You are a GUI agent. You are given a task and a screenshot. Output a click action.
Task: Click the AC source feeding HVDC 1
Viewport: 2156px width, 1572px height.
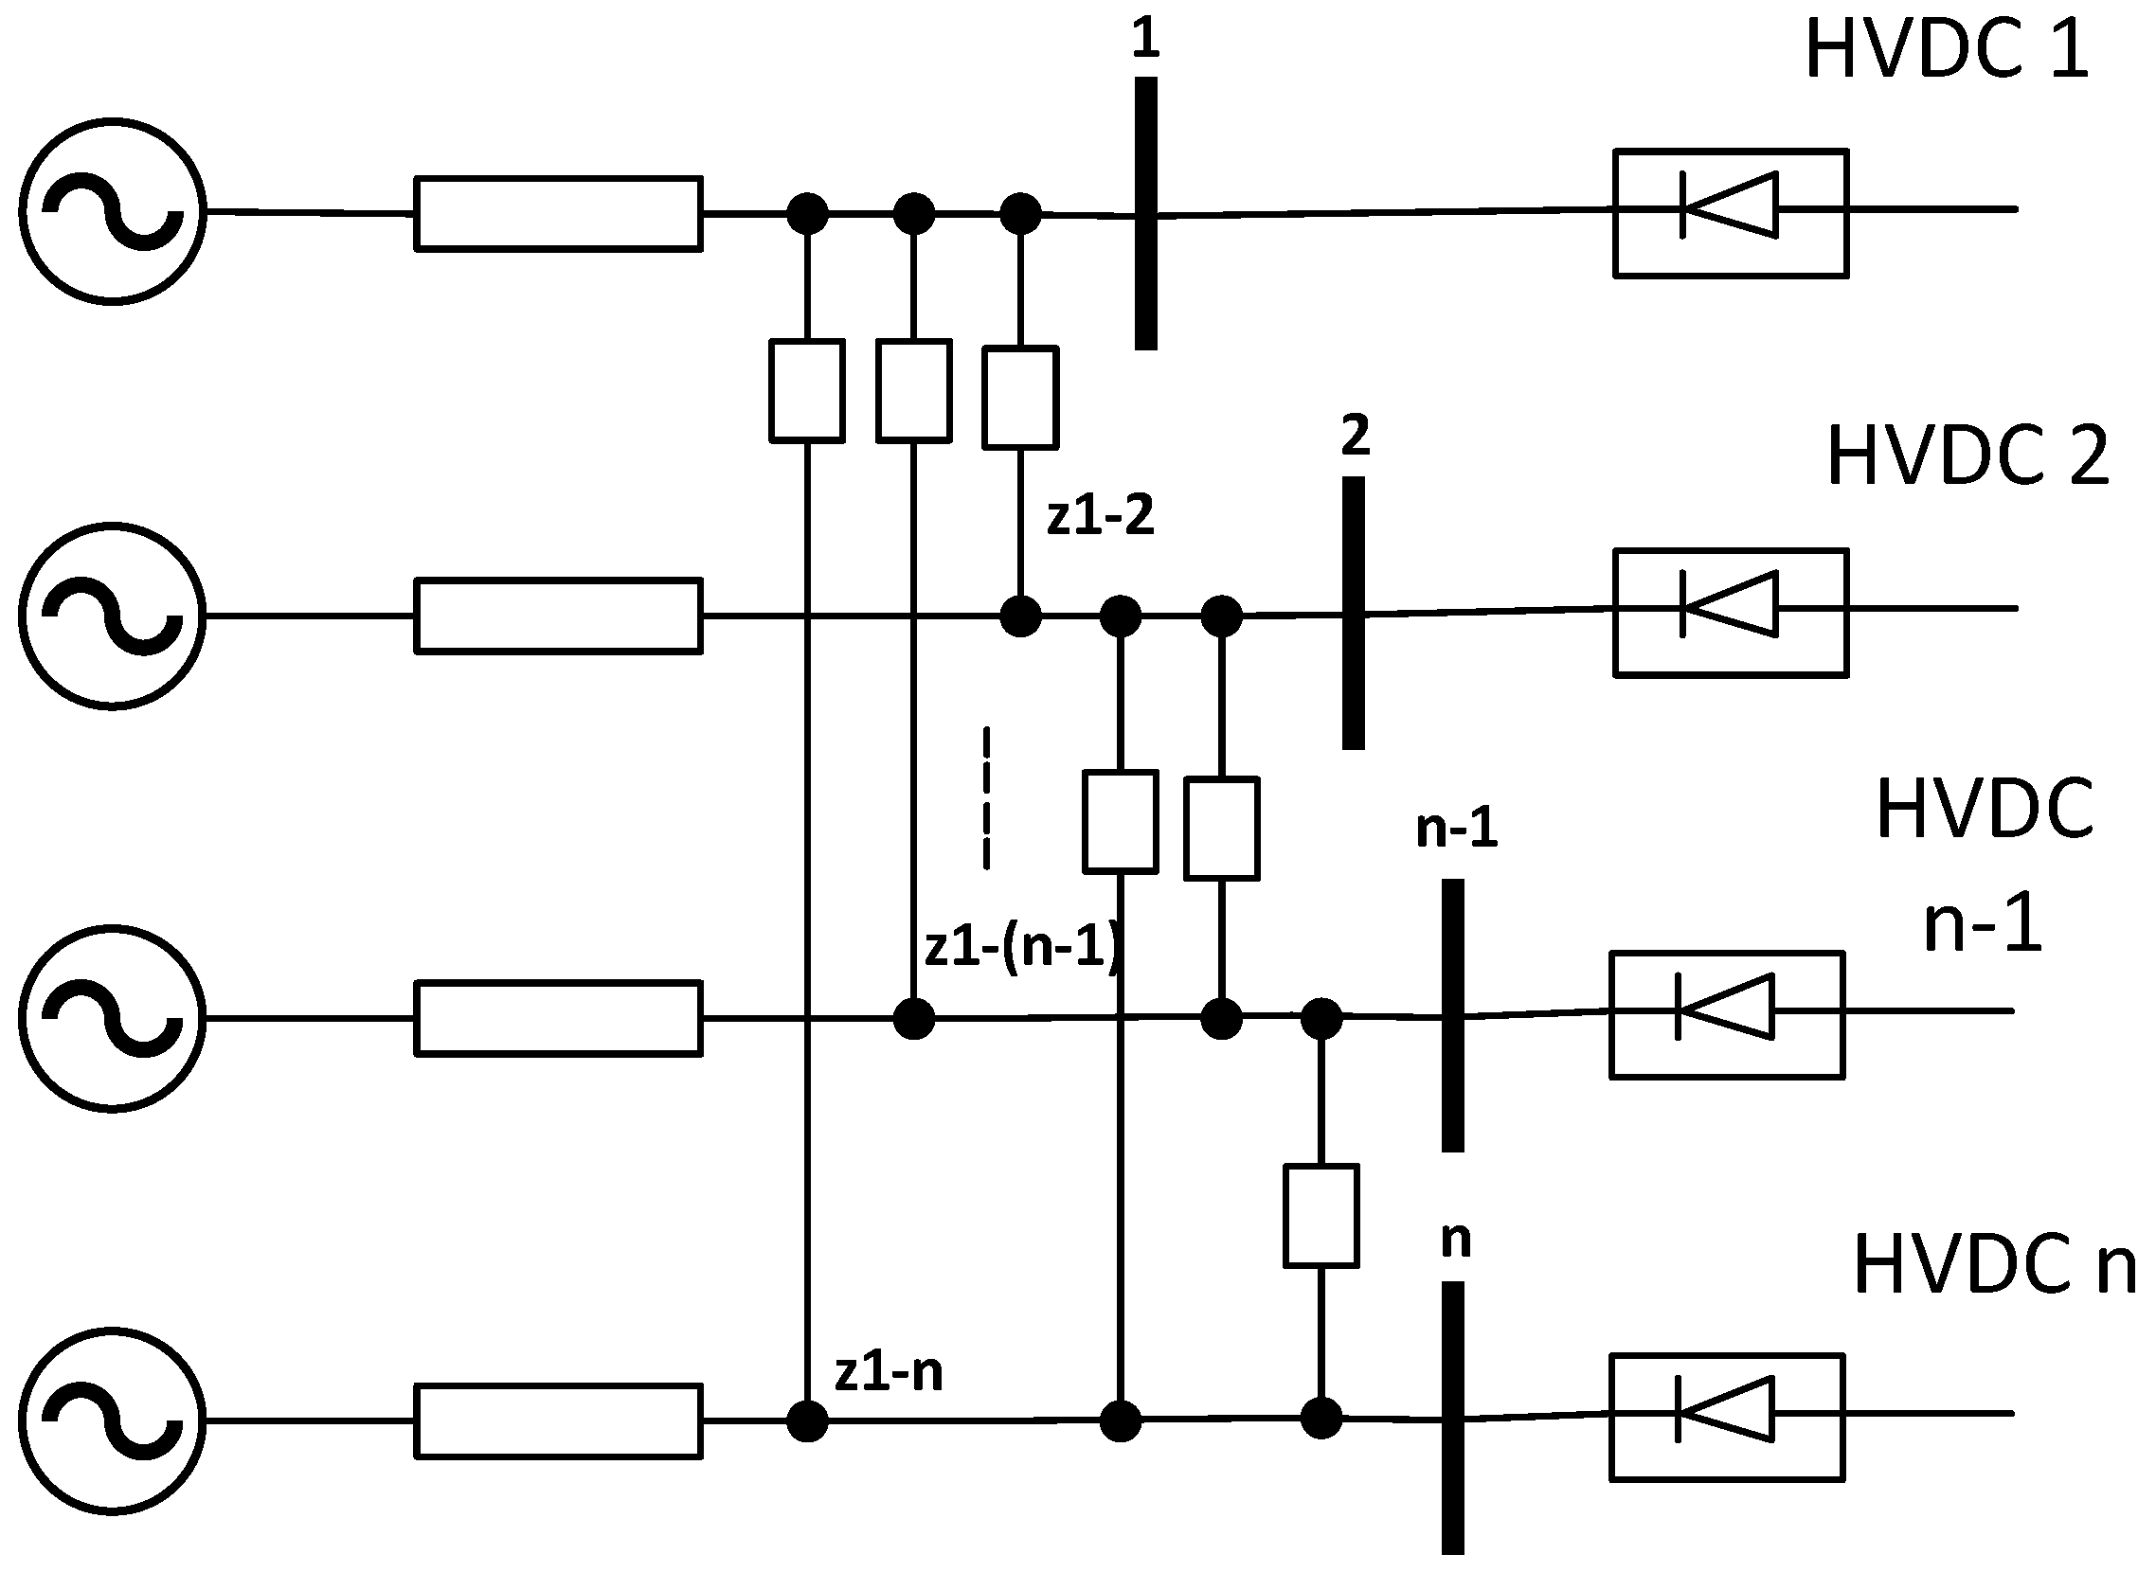(113, 211)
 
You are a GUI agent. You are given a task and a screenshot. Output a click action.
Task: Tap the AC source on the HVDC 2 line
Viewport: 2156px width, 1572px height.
(113, 616)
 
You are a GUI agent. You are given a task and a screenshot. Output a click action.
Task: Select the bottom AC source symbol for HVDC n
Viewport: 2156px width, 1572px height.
(113, 1420)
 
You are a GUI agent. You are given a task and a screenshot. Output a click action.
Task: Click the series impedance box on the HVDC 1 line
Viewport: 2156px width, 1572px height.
(559, 213)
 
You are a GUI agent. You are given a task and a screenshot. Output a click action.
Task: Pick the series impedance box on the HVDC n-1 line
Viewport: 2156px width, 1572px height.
(559, 1018)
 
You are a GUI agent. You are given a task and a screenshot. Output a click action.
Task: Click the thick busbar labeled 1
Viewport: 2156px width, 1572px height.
(1146, 213)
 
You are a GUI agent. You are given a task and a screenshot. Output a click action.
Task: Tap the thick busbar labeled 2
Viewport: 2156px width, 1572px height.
(1353, 613)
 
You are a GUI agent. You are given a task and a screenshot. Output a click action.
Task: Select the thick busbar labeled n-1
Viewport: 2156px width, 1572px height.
(1452, 1014)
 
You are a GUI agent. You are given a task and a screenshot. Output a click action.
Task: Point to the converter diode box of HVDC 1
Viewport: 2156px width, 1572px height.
(1731, 213)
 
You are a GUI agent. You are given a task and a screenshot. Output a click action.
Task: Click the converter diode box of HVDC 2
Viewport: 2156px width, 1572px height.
(1731, 613)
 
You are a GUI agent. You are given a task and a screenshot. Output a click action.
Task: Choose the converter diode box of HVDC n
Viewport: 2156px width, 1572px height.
(1727, 1417)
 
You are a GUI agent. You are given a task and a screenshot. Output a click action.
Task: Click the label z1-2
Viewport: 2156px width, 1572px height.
(1101, 516)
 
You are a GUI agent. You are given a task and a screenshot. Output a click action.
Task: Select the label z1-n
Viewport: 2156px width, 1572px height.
(889, 1372)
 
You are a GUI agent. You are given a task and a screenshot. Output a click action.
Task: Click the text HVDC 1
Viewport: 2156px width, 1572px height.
(1946, 49)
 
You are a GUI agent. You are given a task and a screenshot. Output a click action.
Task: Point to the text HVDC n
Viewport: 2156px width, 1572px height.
(1993, 1265)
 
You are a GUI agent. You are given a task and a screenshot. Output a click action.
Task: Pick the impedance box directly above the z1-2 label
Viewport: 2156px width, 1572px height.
(1020, 397)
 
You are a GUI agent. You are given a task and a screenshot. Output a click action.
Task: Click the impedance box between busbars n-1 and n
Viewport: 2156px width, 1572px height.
(1321, 1215)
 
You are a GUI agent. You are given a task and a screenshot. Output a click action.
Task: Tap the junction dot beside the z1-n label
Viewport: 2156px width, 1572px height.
(807, 1420)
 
